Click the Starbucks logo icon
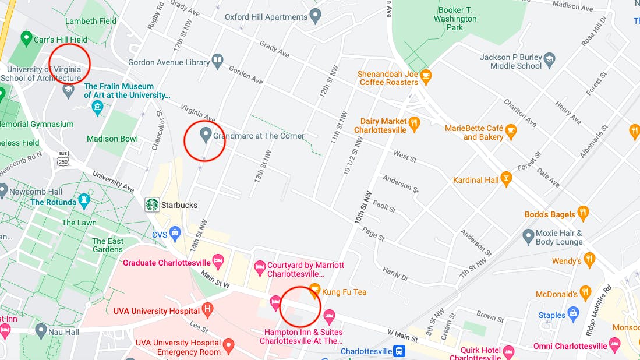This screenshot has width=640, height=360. tap(152, 204)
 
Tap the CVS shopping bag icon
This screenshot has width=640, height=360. tap(175, 234)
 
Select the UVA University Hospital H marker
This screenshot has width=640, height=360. tap(207, 309)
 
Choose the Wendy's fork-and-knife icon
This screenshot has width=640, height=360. tap(589, 260)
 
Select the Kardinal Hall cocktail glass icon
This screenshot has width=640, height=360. tap(506, 179)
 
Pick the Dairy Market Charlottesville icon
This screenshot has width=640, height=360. tap(414, 123)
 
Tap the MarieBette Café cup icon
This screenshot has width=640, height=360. tap(511, 131)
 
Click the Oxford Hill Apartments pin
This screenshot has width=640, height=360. tap(315, 16)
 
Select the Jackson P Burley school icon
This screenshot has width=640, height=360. tap(549, 60)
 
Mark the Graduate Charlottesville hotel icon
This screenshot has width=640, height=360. tap(218, 262)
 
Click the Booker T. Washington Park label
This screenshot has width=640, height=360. tap(455, 19)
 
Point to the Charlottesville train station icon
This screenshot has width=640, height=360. tap(399, 351)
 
